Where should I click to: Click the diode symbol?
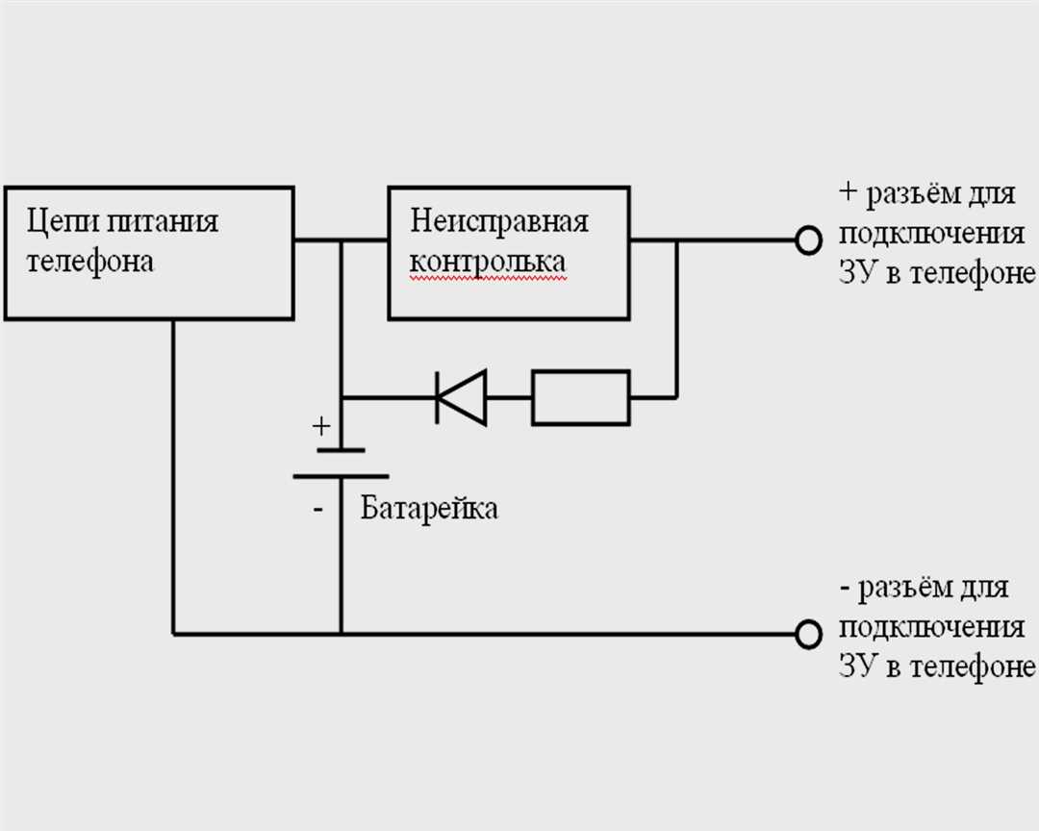point(461,396)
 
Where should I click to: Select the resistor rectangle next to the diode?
point(581,396)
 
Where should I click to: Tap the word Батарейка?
point(429,508)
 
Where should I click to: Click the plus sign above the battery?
point(321,424)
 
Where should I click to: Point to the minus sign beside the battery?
point(318,509)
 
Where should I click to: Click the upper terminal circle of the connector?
point(809,239)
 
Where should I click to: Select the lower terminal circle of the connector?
point(809,633)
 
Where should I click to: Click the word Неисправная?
point(498,221)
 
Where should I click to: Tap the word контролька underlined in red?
point(488,262)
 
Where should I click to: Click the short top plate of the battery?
point(341,449)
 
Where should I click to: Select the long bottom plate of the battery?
point(341,475)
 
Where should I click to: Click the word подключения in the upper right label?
point(930,234)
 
